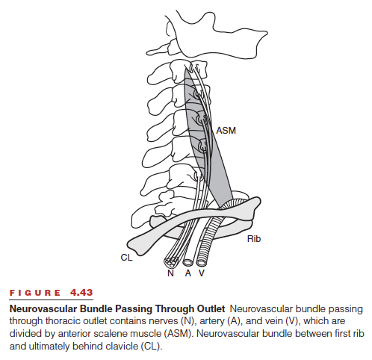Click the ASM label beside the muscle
[x=226, y=131]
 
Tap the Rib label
[x=254, y=239]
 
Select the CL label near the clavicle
[x=126, y=257]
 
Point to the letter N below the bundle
[x=170, y=273]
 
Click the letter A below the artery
[x=188, y=273]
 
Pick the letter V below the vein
[x=202, y=273]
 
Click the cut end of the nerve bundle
[x=171, y=261]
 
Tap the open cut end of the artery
[x=187, y=262]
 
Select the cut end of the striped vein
[x=201, y=262]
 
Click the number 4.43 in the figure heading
[x=81, y=292]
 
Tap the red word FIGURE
[x=35, y=293]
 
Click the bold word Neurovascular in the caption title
[x=43, y=308]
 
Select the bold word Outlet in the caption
[x=211, y=308]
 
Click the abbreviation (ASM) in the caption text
[x=179, y=333]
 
